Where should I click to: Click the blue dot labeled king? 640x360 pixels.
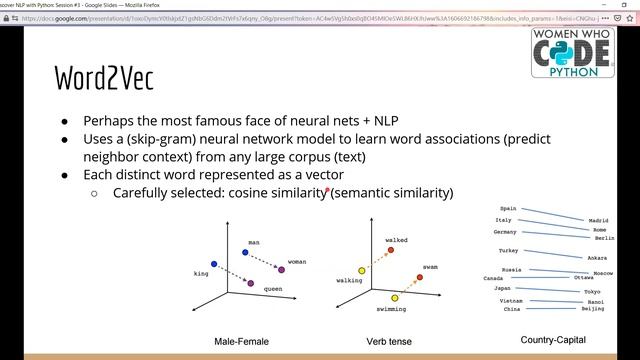pyautogui.click(x=214, y=264)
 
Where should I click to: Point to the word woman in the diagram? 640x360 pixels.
pyautogui.click(x=297, y=261)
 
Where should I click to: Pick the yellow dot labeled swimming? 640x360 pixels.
pyautogui.click(x=393, y=298)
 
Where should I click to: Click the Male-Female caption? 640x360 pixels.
pyautogui.click(x=240, y=341)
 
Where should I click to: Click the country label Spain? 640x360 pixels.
pyautogui.click(x=508, y=208)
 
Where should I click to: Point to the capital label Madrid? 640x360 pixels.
pyautogui.click(x=599, y=220)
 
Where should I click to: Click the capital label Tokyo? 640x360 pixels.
pyautogui.click(x=593, y=291)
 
